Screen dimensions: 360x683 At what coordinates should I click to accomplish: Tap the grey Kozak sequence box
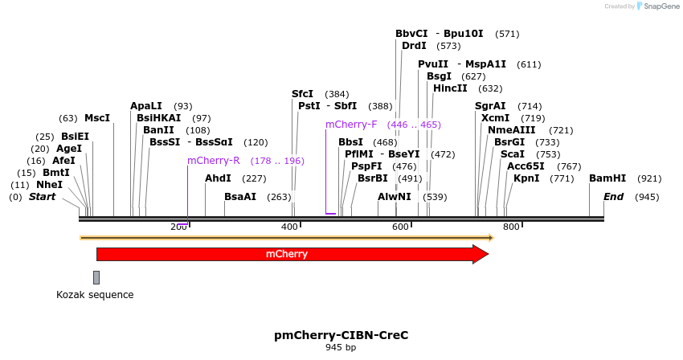(x=96, y=277)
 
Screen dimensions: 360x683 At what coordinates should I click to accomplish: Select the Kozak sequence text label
(x=95, y=295)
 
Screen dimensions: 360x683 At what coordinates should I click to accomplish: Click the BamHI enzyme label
(x=607, y=178)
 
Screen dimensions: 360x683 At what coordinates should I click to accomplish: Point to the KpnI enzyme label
(x=526, y=178)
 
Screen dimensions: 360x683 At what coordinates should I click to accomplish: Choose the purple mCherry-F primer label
(x=351, y=125)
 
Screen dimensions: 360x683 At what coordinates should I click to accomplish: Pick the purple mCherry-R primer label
(x=214, y=161)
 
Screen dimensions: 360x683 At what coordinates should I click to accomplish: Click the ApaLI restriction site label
(x=146, y=106)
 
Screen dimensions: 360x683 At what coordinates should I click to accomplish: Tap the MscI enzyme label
(x=97, y=118)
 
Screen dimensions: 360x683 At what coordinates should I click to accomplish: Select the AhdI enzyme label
(x=218, y=178)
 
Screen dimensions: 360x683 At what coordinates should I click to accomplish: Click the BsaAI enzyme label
(x=240, y=196)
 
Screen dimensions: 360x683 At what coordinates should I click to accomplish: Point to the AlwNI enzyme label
(x=395, y=196)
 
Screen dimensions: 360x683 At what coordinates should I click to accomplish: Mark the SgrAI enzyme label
(x=491, y=106)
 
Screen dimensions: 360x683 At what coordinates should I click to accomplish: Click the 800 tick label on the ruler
(x=511, y=227)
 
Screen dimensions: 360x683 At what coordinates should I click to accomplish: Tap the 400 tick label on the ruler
(x=289, y=227)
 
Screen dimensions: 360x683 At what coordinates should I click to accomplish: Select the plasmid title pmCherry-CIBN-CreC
(x=341, y=334)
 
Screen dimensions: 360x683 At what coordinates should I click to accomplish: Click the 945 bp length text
(x=341, y=348)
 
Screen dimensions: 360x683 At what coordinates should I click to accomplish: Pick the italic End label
(x=613, y=196)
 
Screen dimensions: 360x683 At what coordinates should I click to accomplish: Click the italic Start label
(x=43, y=196)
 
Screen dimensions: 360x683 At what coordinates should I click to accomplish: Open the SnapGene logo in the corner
(x=657, y=6)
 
